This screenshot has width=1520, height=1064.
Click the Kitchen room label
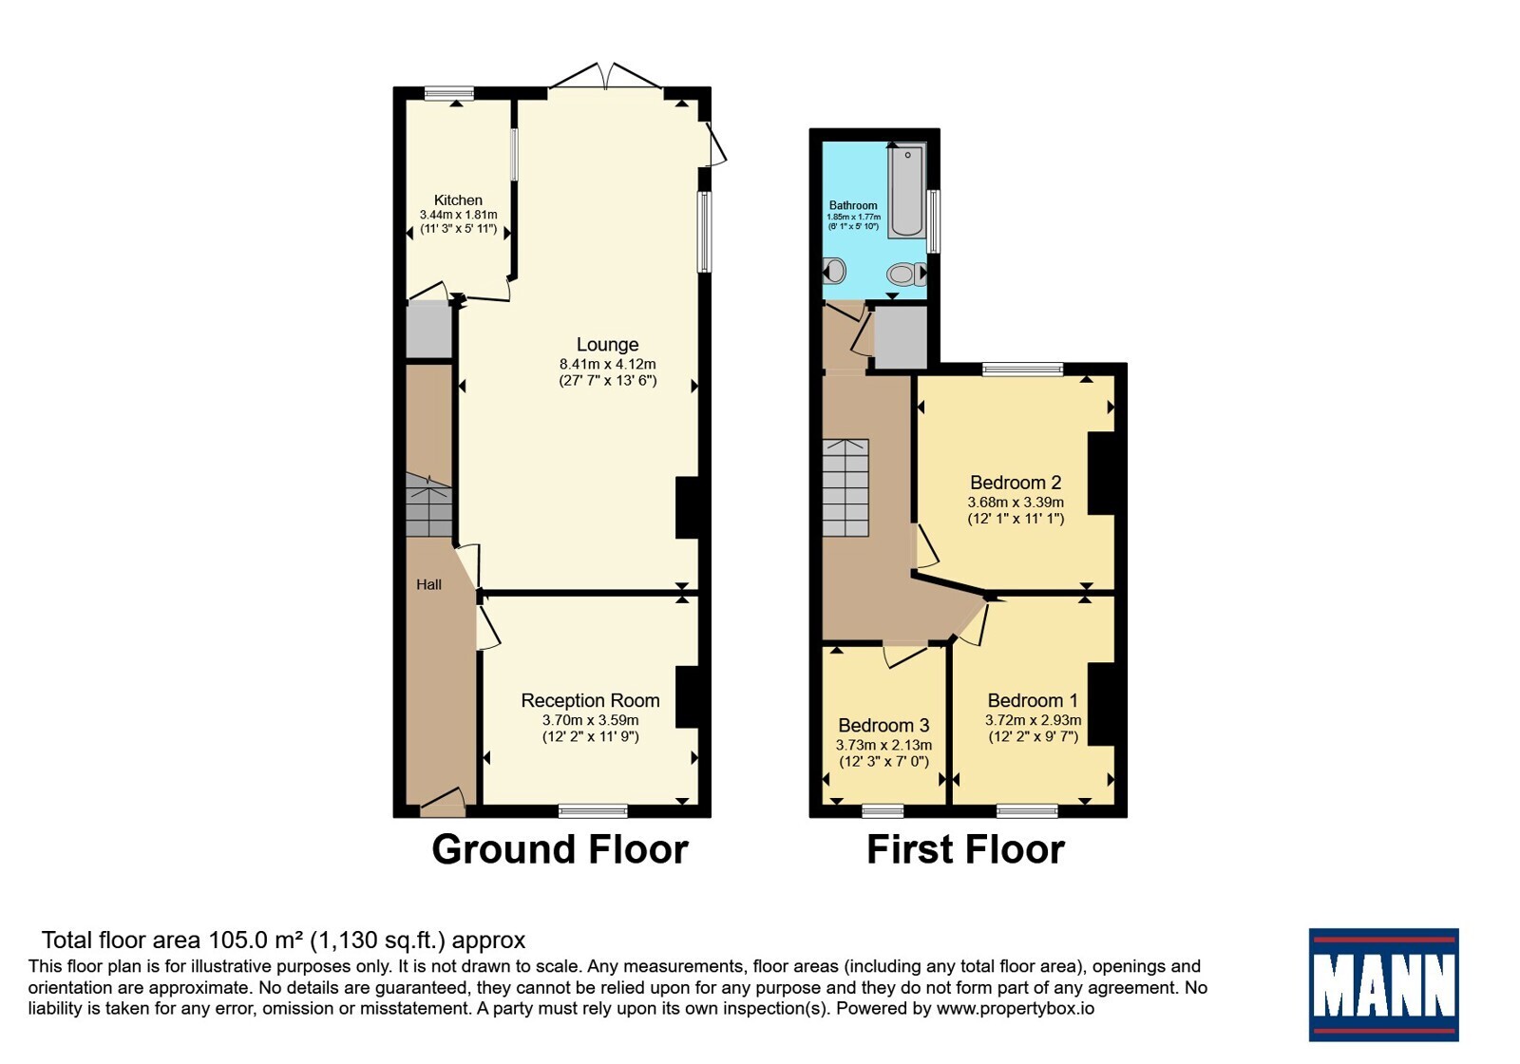click(x=458, y=200)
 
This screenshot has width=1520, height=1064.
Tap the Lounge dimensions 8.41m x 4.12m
click(x=607, y=364)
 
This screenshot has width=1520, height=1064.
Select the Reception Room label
click(x=590, y=700)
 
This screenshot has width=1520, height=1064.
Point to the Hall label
click(x=428, y=584)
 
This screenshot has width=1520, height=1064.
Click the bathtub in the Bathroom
click(x=907, y=190)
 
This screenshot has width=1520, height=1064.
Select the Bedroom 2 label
click(x=1016, y=483)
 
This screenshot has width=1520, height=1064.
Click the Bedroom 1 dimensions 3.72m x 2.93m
click(x=1034, y=720)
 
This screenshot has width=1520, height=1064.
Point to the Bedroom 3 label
click(x=883, y=726)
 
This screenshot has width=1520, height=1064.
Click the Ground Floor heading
click(x=560, y=849)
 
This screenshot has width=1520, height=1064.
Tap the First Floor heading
click(x=965, y=849)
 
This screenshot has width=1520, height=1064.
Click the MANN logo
click(x=1383, y=984)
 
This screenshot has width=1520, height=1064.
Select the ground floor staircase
click(x=428, y=505)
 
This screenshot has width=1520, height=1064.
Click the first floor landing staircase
click(x=845, y=488)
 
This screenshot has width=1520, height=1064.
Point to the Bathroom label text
click(x=853, y=205)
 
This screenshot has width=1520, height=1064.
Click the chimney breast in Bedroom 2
click(x=1101, y=474)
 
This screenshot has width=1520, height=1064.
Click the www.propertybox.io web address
click(x=1016, y=1008)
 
